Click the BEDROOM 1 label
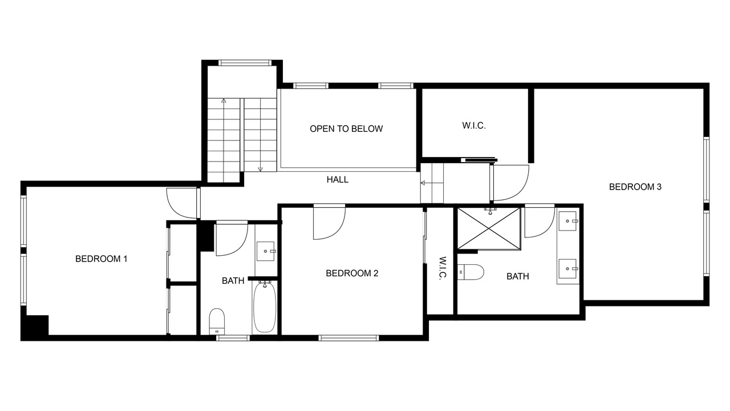point(101,259)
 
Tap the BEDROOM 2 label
point(352,273)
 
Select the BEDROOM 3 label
point(635,187)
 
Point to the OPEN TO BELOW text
point(346,129)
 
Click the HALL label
point(338,179)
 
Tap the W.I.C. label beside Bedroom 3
point(474,126)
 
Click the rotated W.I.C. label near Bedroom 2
point(442,268)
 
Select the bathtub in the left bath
point(265,308)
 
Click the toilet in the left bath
point(217,321)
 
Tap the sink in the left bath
point(266,251)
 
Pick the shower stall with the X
point(489,229)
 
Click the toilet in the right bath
point(471,272)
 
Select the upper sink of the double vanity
point(567,221)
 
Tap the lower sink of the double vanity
point(567,269)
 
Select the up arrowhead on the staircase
point(224,100)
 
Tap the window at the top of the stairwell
point(245,63)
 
